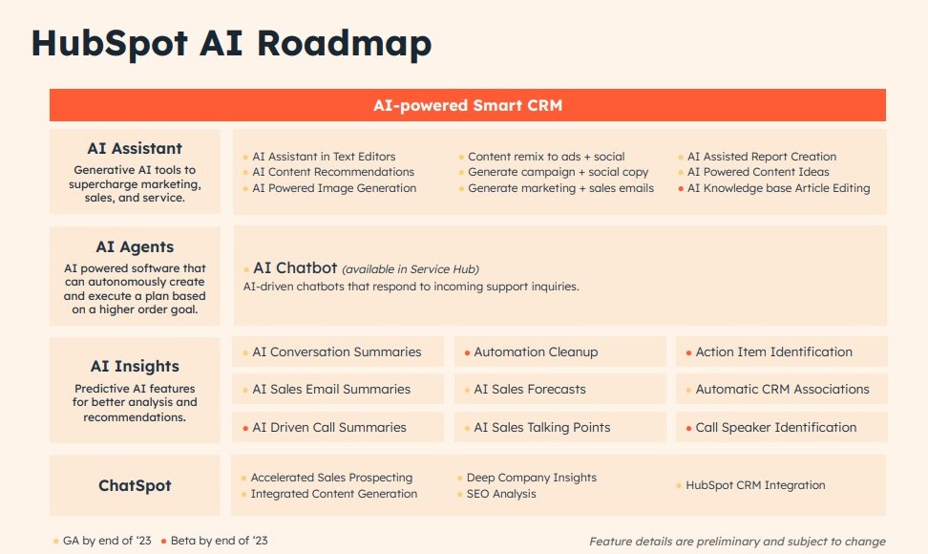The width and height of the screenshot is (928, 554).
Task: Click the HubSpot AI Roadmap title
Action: click(231, 44)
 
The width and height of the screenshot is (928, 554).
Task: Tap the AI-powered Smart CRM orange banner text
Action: click(467, 105)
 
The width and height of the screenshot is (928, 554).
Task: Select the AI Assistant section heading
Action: click(135, 148)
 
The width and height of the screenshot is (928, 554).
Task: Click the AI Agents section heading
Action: click(135, 247)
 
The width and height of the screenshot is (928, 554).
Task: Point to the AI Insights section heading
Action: click(135, 366)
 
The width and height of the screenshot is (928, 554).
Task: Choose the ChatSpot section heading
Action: click(135, 485)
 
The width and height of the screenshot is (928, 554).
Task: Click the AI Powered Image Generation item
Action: click(334, 188)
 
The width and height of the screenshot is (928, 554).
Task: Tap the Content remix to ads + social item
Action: click(546, 157)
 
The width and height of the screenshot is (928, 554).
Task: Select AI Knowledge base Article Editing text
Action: click(778, 188)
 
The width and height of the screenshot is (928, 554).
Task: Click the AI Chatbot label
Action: click(295, 268)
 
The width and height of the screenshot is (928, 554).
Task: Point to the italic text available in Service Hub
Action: click(411, 269)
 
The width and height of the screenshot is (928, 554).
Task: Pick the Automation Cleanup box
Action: click(559, 352)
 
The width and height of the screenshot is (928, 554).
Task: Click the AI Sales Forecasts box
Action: click(559, 389)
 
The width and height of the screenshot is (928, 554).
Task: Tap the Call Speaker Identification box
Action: click(781, 427)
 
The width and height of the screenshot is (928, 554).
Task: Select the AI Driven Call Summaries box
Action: click(338, 427)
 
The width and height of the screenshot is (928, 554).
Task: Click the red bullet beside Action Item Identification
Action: click(688, 352)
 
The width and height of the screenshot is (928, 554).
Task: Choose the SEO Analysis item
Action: click(501, 494)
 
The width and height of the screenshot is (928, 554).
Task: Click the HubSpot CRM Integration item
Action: click(755, 485)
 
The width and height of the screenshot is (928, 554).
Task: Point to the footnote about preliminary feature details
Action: click(737, 542)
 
